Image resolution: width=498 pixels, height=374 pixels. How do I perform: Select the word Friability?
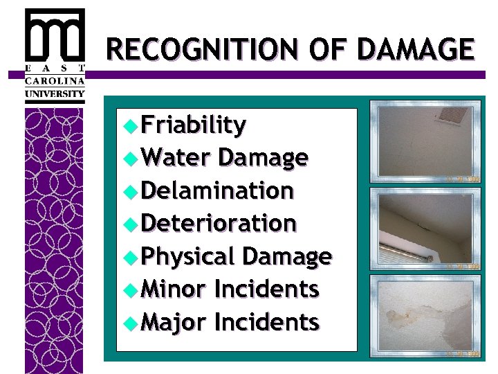coord(193,125)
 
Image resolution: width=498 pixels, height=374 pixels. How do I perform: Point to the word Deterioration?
coord(219,223)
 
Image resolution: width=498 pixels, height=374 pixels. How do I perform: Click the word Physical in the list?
coord(188,256)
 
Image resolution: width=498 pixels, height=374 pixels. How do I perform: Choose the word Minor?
coord(173,289)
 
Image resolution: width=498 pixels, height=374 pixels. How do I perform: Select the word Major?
coord(173,321)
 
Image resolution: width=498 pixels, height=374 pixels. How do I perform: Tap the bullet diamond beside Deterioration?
coord(129,224)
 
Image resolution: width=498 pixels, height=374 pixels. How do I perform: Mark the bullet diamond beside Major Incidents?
coord(129,322)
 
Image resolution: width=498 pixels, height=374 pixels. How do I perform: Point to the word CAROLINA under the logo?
coord(55,80)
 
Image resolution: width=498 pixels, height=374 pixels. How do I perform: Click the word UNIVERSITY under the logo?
coord(55,93)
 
